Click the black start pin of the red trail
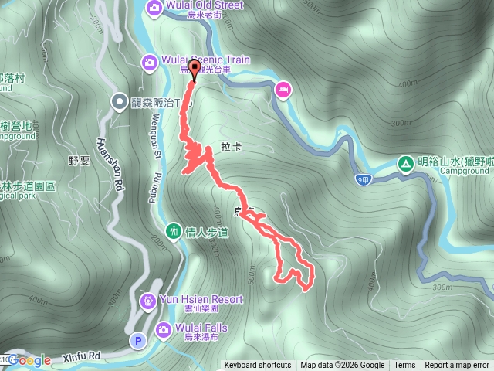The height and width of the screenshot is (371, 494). point(193,70)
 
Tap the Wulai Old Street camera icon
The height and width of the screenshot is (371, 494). point(154,6)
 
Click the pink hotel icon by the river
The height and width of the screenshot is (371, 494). point(282,90)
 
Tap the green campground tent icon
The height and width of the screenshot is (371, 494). point(404,163)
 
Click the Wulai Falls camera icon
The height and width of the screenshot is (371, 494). point(163,330)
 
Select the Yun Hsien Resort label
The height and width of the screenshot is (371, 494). point(201,299)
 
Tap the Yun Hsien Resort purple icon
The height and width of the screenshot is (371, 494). point(147,299)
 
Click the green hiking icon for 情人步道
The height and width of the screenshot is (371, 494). point(174,231)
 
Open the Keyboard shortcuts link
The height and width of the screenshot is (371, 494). point(258,366)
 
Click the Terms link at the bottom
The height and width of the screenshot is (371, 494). point(404,366)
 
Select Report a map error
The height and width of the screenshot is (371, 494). point(458,366)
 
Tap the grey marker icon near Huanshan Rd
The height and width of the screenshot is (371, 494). point(119,100)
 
